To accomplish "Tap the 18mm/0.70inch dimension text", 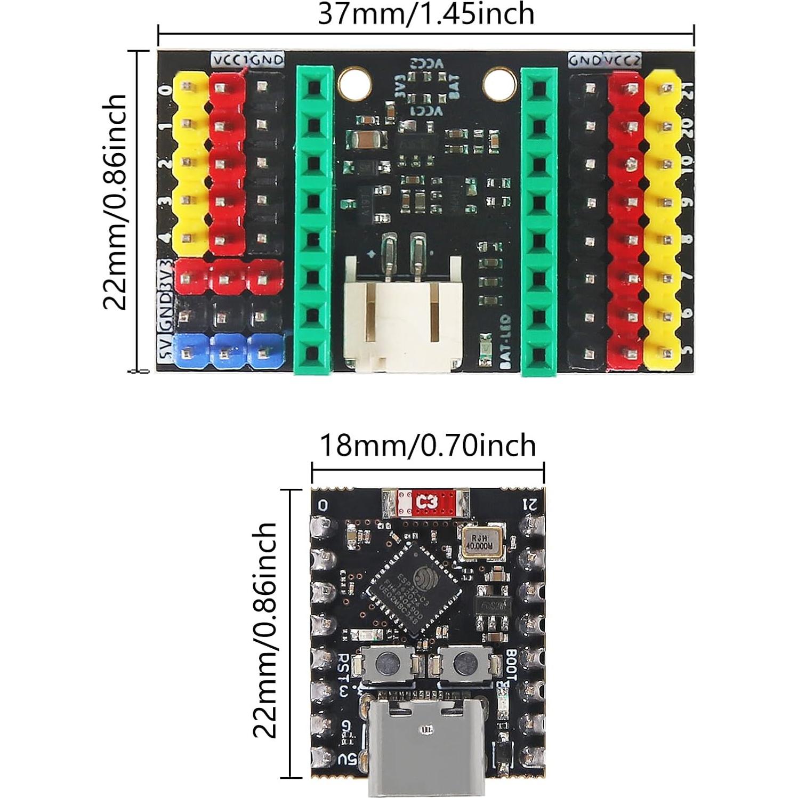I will [x=427, y=445].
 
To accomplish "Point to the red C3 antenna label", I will [x=426, y=502].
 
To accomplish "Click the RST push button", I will [x=388, y=664].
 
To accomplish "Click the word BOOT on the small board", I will [x=511, y=664].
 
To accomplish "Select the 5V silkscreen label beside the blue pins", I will [x=164, y=352].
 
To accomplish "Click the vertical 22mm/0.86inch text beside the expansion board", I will [x=115, y=203].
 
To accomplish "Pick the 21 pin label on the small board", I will [x=531, y=503].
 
